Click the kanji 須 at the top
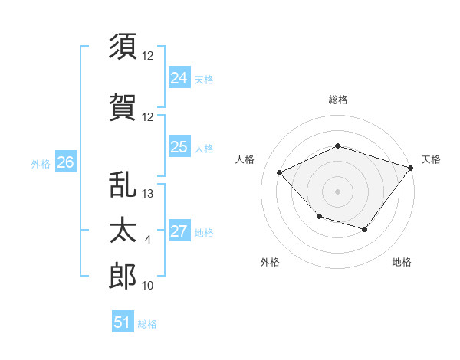123,46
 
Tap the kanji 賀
123,107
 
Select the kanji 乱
123,184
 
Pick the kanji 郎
123,276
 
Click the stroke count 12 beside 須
147,56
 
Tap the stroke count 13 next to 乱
147,194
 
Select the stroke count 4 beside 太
147,240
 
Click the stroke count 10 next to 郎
147,285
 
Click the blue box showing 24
179,77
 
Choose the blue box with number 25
179,146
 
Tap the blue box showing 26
66,161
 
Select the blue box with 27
179,230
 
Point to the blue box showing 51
123,321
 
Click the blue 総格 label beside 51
147,324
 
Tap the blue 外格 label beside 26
41,164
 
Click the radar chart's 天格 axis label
431,159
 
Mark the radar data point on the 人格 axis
279,172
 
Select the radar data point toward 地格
365,229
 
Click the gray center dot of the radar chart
337,191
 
